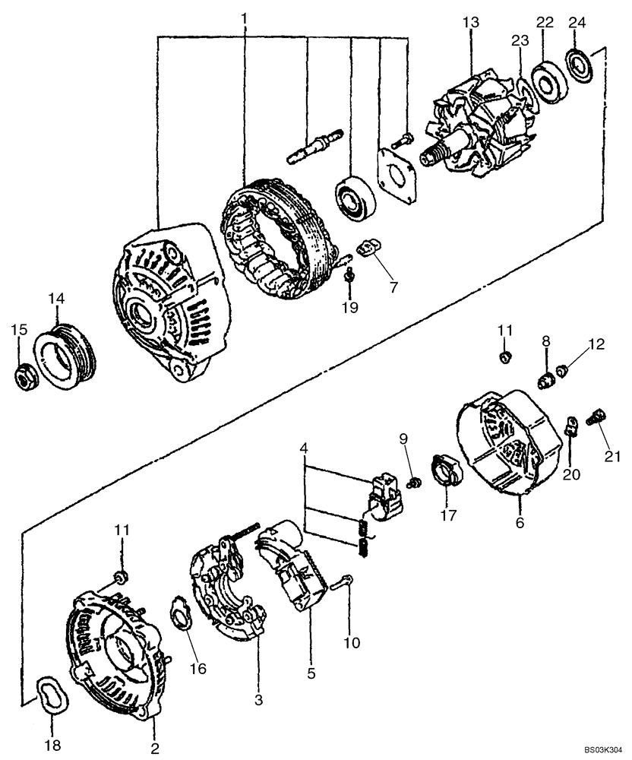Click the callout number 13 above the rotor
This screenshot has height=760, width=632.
click(471, 22)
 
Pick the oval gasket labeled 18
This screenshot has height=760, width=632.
click(52, 694)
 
